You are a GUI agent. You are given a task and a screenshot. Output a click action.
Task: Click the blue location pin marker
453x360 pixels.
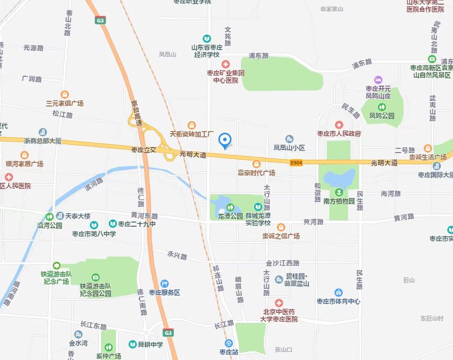[225, 140]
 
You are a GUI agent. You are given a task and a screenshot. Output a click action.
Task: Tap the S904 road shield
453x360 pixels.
[296, 163]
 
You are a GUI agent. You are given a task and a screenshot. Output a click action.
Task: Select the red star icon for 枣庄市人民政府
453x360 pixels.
[339, 125]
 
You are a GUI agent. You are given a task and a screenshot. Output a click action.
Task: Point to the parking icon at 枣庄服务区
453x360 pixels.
[165, 283]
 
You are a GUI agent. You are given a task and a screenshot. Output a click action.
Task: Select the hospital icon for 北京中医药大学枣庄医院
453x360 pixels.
[279, 303]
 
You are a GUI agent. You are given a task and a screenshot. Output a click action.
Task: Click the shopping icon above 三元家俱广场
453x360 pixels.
[65, 95]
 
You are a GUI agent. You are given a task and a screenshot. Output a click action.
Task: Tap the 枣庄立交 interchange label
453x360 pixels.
[144, 149]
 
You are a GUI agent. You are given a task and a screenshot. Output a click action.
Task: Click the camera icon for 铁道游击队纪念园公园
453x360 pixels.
[96, 277]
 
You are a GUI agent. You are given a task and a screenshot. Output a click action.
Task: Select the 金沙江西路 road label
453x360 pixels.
[282, 263]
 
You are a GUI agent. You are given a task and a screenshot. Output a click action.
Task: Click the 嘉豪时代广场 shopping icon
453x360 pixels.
[257, 164]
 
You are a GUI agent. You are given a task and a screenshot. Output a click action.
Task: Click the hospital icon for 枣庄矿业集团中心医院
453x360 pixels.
[225, 64]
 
